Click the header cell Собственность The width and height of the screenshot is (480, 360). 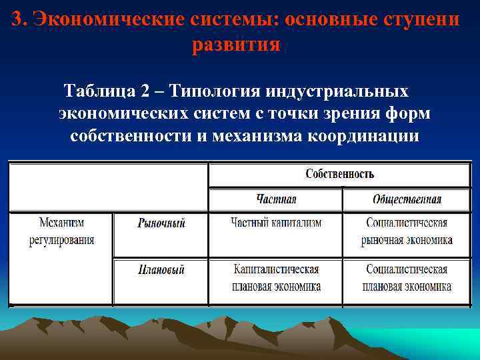[x=339, y=174]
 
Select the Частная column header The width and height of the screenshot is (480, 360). [x=276, y=199]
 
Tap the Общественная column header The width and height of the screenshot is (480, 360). [x=407, y=199]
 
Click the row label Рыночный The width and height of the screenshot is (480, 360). [x=161, y=223]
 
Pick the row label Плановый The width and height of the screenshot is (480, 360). [x=161, y=270]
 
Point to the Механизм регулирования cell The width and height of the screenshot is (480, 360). [x=61, y=231]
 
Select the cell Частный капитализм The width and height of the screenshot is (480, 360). [x=276, y=223]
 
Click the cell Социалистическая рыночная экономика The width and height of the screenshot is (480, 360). [x=407, y=231]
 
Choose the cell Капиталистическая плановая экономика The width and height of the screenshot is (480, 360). [x=276, y=278]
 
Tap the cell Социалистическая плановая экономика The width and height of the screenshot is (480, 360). [x=407, y=278]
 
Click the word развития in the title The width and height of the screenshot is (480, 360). [x=236, y=45]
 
